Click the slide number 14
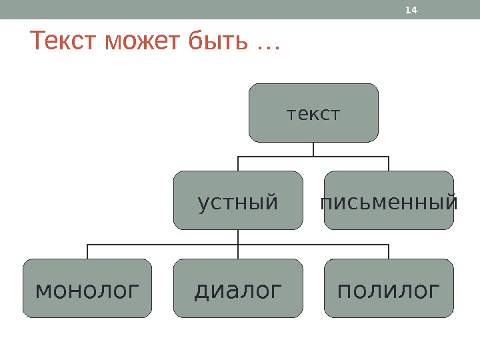point(411,10)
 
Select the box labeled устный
point(238,200)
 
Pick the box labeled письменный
point(389,200)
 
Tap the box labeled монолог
point(87,288)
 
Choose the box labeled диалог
point(238,288)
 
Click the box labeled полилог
point(389,288)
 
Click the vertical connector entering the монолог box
point(87,251)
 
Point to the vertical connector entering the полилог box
point(389,251)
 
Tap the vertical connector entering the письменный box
point(389,163)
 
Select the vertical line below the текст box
point(313,149)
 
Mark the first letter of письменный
point(327,202)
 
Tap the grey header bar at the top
point(200,9)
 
